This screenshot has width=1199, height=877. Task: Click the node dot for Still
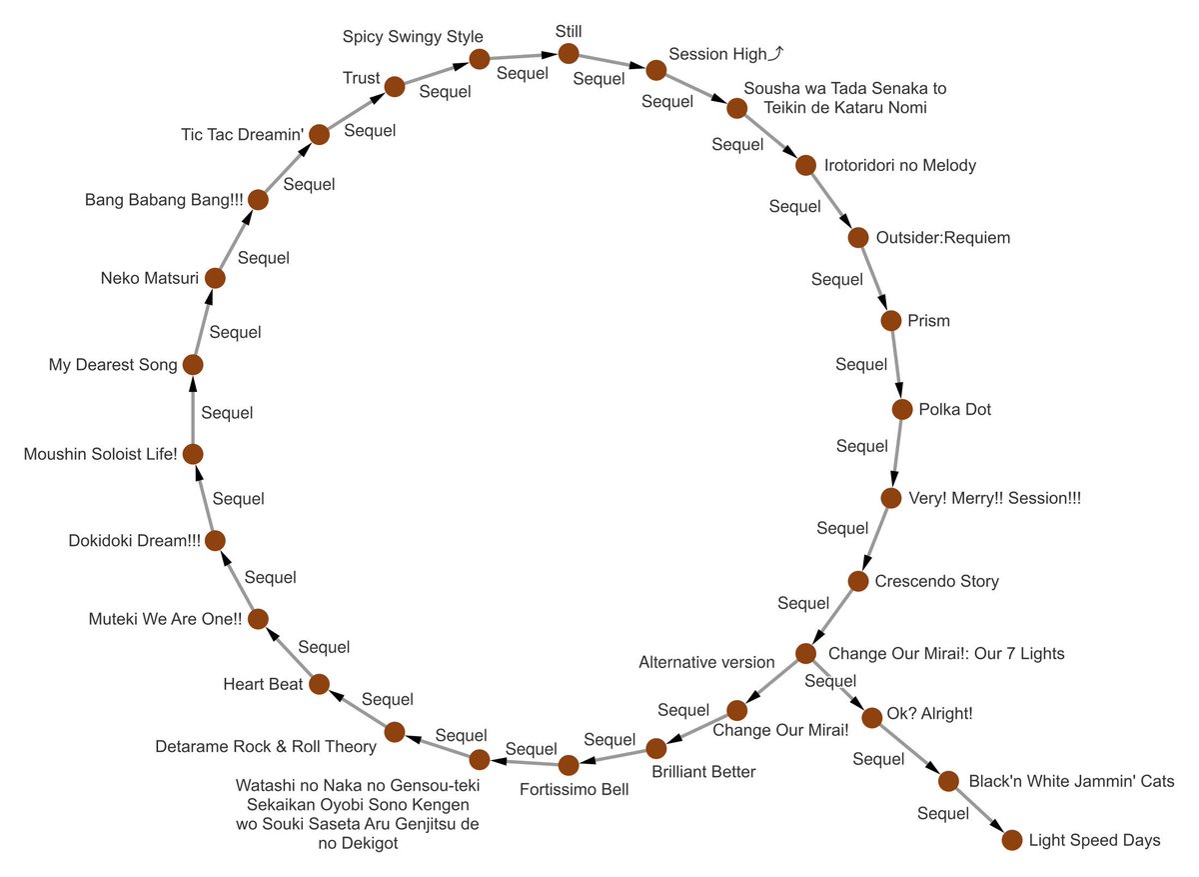coord(569,53)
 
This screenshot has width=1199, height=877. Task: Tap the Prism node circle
coord(891,321)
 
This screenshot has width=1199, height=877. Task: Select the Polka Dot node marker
coord(902,409)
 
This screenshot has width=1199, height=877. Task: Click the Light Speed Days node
coord(1011,840)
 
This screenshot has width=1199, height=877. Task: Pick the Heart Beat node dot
coord(319,684)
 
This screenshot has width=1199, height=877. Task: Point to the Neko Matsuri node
coord(214,278)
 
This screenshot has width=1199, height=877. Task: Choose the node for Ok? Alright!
coord(871,716)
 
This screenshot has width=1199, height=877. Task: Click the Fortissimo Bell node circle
coord(569,766)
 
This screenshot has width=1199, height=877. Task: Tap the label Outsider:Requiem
coord(943,238)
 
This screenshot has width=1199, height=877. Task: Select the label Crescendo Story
coord(937,581)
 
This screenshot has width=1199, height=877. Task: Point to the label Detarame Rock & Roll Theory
coord(266,746)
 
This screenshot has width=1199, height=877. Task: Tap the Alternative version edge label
coord(706,662)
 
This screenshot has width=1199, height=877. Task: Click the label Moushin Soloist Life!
coord(100,454)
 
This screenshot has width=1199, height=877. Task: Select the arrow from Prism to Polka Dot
coord(897,365)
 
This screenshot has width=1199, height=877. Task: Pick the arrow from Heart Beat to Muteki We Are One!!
coord(289,651)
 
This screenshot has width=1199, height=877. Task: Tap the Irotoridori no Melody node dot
coord(805,165)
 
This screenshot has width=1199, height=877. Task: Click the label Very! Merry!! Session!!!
coord(995,498)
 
